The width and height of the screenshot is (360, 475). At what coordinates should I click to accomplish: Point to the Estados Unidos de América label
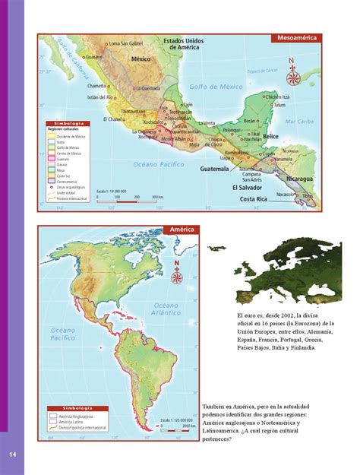(185, 43)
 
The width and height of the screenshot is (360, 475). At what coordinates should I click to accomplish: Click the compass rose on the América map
(177, 273)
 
